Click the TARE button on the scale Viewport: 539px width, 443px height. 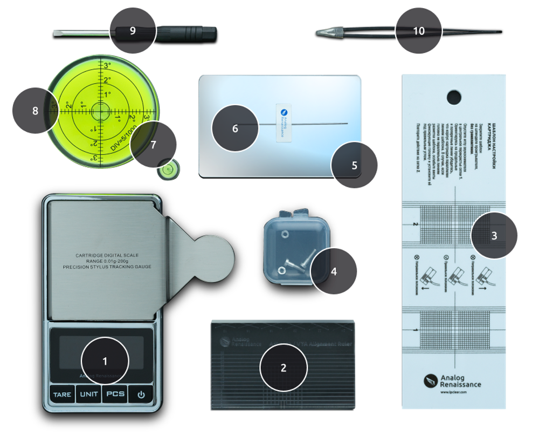click(x=62, y=394)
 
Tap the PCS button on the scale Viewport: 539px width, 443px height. click(x=115, y=394)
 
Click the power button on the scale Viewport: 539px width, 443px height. click(x=141, y=394)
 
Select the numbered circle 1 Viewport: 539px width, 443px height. click(x=105, y=360)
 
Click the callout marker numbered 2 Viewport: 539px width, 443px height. click(x=284, y=368)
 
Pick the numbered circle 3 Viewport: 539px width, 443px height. click(x=495, y=235)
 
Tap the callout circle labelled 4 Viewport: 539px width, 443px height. click(x=334, y=271)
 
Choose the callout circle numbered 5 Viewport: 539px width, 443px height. click(x=354, y=165)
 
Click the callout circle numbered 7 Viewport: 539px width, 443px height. click(x=153, y=144)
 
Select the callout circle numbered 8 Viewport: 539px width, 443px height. click(x=35, y=111)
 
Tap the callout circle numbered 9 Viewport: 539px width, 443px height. click(x=133, y=30)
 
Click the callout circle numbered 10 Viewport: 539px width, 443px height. click(x=418, y=31)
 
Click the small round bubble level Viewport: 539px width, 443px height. click(x=168, y=171)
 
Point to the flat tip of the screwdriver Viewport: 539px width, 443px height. click(x=56, y=33)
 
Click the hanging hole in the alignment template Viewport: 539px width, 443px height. click(x=454, y=97)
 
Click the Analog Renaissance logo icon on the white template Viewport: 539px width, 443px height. click(x=431, y=381)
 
